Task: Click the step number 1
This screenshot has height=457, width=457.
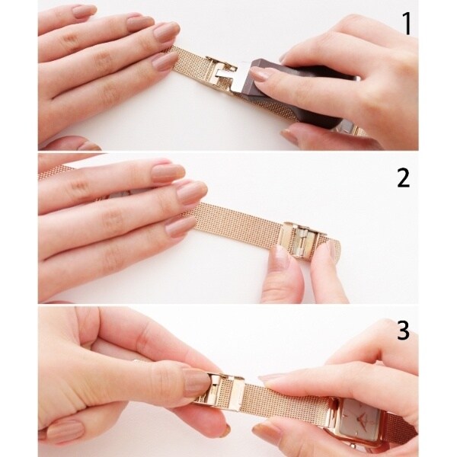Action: click(407, 24)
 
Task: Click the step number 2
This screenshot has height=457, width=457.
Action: click(404, 177)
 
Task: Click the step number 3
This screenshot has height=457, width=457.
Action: click(404, 330)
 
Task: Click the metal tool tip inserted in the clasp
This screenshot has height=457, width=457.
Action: click(244, 76)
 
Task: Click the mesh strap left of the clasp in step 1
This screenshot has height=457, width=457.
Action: click(189, 62)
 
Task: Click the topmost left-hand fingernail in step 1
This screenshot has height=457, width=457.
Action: click(84, 10)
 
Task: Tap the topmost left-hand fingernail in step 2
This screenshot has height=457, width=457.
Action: click(168, 173)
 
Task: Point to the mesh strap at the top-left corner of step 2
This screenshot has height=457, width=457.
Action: click(59, 172)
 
